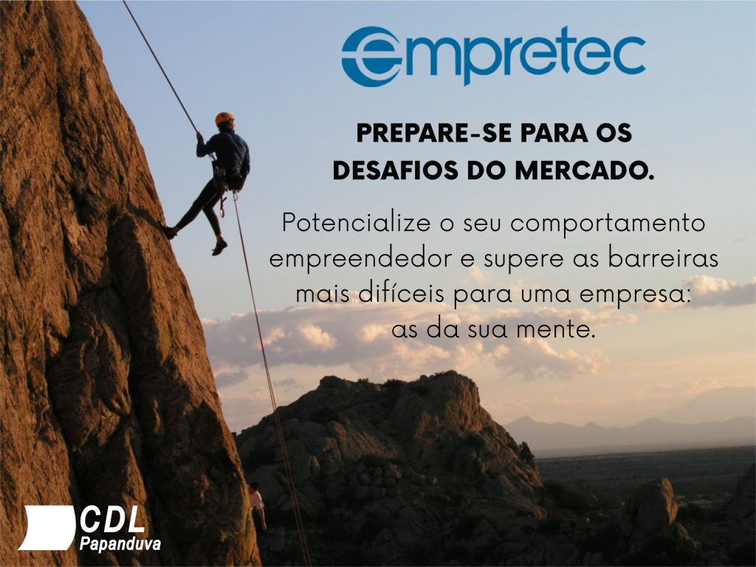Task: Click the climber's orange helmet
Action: tap(224, 118)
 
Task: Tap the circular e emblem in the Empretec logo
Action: tap(371, 56)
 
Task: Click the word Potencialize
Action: tap(356, 223)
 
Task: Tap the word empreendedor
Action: tap(360, 259)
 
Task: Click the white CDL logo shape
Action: tap(47, 527)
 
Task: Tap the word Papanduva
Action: tap(120, 544)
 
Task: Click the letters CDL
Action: tap(113, 519)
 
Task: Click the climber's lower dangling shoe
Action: tap(219, 247)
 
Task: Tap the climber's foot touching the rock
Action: tap(169, 231)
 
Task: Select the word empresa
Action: tap(635, 295)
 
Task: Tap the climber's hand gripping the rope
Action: tap(199, 137)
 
